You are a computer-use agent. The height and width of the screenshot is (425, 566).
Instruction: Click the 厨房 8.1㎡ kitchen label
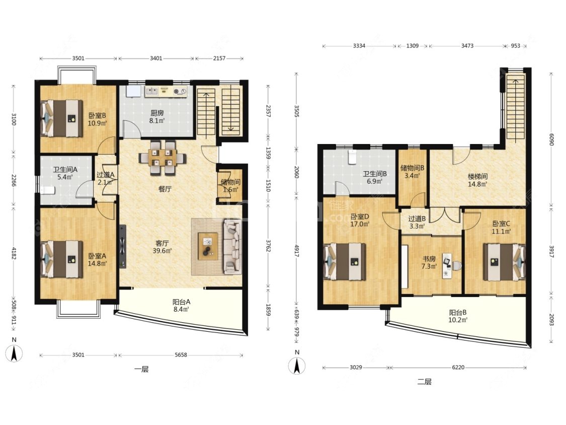coord(157,116)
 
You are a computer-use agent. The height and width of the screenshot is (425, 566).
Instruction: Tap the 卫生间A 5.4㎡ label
coord(65,173)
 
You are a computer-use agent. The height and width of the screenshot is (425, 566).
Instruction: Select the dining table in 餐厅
coord(163,158)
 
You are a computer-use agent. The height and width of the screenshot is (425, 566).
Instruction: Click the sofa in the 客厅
coord(232,246)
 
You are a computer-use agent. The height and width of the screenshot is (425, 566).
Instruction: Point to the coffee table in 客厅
coord(208,246)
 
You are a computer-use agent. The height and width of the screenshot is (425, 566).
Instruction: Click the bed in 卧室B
coord(61,118)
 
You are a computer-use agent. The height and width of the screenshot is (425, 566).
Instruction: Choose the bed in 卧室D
coord(345,262)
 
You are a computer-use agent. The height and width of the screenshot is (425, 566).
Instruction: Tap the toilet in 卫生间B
coord(352,157)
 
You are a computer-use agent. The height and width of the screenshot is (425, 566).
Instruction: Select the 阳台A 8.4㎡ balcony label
coord(181,305)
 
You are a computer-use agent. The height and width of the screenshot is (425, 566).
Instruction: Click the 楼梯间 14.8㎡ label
coord(477,180)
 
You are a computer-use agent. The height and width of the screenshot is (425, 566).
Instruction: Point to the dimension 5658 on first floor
coord(181,355)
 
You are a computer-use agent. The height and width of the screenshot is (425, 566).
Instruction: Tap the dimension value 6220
coord(458,367)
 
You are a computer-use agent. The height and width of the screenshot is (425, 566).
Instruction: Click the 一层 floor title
coord(141,369)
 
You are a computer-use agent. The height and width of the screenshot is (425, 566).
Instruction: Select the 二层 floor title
coord(424,382)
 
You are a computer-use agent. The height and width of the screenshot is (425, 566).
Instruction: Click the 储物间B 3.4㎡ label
coord(412,172)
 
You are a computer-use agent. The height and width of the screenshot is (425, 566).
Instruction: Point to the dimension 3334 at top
coord(359,46)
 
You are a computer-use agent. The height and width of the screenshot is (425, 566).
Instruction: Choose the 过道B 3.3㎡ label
coord(417,222)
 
